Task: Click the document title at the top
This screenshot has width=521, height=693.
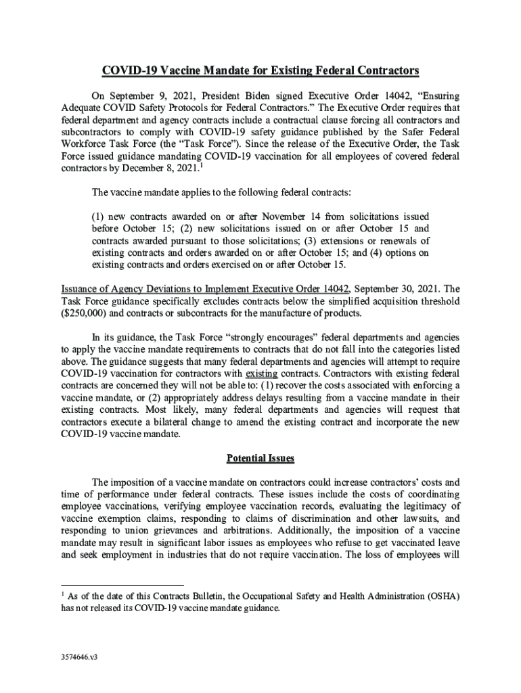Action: [260, 70]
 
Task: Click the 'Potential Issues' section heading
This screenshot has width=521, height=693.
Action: [260, 458]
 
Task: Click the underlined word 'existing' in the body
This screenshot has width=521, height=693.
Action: [260, 373]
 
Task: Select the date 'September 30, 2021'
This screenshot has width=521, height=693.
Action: [395, 288]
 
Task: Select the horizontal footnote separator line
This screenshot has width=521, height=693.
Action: [122, 585]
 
